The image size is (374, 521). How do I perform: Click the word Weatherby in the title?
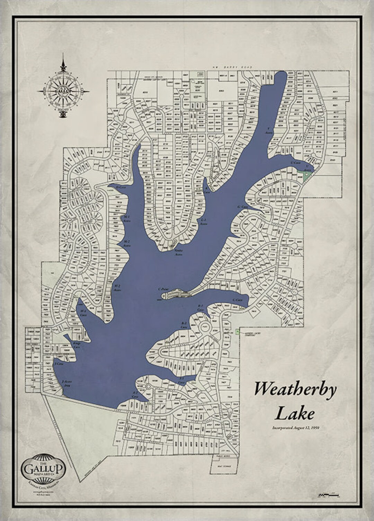[x=295, y=389]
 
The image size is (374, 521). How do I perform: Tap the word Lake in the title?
[x=295, y=413]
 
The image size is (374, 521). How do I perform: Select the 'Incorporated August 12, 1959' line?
[x=295, y=428]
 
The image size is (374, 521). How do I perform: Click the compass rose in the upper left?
[x=63, y=91]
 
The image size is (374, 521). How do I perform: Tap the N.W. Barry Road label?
[x=232, y=67]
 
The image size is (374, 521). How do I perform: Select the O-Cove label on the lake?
[x=121, y=187]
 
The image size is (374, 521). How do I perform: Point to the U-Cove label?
[x=295, y=162]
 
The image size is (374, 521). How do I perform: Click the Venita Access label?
[x=178, y=252]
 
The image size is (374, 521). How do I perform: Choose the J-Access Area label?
[x=66, y=383]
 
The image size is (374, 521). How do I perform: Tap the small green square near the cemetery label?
[x=237, y=332]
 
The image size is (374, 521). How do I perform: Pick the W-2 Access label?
[x=118, y=288]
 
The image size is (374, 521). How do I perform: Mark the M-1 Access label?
[x=126, y=218]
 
